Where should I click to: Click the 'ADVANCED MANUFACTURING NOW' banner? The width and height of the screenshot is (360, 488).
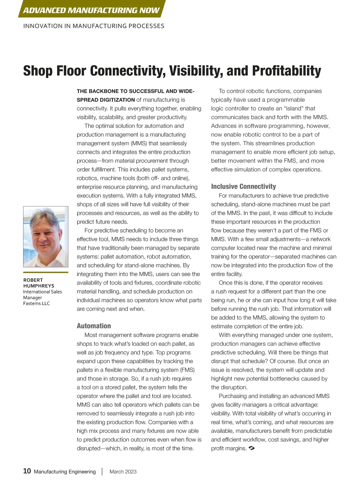tap(91, 10)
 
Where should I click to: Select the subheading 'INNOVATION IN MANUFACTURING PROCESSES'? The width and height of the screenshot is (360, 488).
tap(94, 26)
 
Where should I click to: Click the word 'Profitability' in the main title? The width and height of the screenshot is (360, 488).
tap(286, 71)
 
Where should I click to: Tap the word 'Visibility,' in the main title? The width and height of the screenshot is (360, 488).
tap(195, 71)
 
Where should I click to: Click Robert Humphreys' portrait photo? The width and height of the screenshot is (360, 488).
tap(46, 236)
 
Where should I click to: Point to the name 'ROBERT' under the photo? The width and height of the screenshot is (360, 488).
tap(33, 280)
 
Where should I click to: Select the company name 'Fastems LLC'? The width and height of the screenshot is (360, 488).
tap(37, 303)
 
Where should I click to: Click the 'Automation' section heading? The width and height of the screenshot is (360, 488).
tap(94, 326)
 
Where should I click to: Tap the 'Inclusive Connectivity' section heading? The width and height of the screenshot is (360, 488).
tap(243, 186)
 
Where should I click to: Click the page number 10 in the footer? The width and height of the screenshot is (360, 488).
tap(27, 471)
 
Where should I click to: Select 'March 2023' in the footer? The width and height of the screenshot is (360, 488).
tap(123, 472)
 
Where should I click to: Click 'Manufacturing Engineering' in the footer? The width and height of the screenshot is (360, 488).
tap(65, 472)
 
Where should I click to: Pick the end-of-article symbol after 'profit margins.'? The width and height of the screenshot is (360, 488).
tap(252, 448)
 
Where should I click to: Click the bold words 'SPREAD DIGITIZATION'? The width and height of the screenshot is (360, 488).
tap(106, 100)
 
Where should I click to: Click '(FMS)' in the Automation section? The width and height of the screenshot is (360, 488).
tap(187, 370)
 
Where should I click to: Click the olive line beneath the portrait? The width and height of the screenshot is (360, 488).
tap(46, 272)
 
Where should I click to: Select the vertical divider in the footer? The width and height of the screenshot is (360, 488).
tap(102, 471)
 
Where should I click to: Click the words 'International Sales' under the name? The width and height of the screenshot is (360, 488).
tap(43, 292)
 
